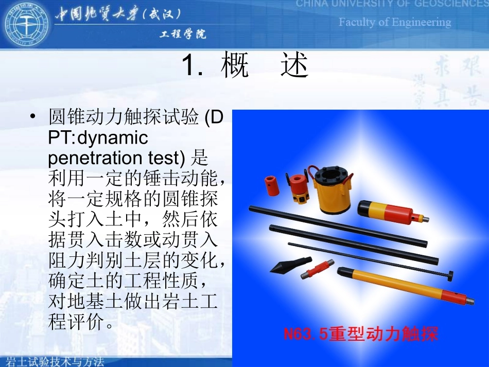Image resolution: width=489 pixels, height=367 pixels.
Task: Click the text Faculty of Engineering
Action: tap(394, 22)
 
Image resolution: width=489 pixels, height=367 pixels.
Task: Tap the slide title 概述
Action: tap(265, 67)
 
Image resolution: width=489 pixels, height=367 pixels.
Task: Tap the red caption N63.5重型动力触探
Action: tap(361, 335)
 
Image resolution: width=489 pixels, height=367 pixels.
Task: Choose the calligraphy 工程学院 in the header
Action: tap(183, 34)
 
